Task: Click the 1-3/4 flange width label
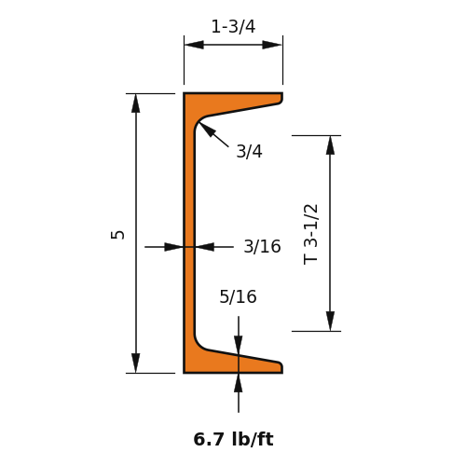coord(233,27)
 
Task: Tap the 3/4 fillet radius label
coord(249,152)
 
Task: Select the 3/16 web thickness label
coord(262,247)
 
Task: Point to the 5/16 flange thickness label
coord(238,296)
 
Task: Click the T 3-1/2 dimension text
coord(310,234)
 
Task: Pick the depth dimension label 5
coord(117,235)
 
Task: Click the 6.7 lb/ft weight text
coord(233,439)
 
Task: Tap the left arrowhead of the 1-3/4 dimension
coord(194,45)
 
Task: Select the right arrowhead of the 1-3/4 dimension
coord(272,45)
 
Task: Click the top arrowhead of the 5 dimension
coord(136,103)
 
